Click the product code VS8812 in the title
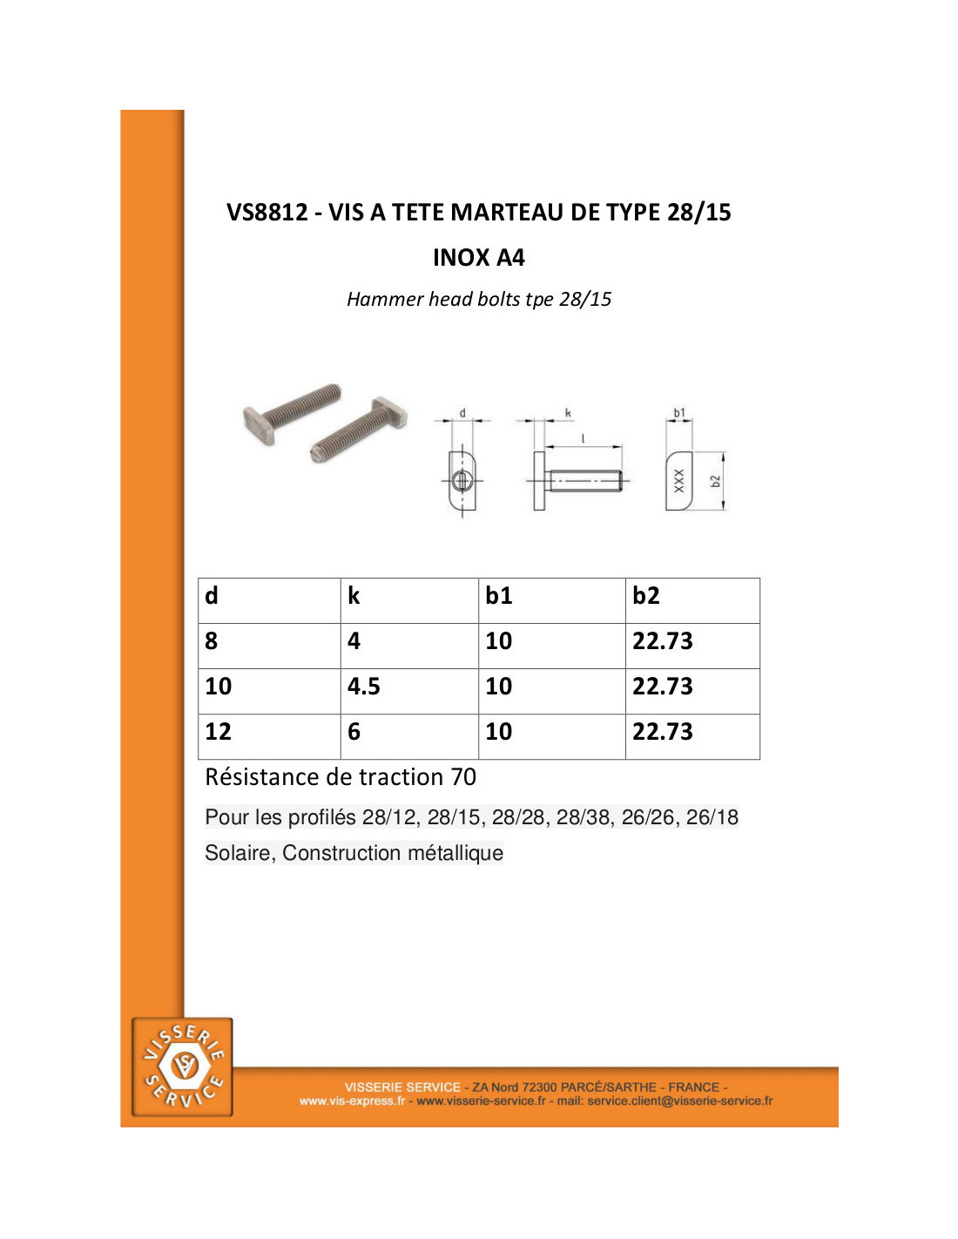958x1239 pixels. (x=267, y=212)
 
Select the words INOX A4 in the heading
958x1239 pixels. (x=478, y=258)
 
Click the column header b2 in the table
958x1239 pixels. (x=645, y=595)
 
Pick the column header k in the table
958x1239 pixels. (x=354, y=595)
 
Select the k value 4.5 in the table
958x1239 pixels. (x=363, y=686)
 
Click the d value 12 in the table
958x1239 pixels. (x=218, y=731)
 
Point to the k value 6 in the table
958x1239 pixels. (x=354, y=731)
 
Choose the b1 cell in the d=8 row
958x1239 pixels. (x=498, y=641)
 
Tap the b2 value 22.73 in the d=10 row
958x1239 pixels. (x=662, y=686)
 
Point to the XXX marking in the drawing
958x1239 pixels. (x=678, y=481)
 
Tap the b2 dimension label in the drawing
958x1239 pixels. (x=717, y=481)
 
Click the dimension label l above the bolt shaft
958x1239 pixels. (x=583, y=438)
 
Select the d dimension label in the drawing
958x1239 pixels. (x=462, y=412)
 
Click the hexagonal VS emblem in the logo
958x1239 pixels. (x=182, y=1063)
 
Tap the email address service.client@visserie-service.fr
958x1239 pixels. (x=679, y=1100)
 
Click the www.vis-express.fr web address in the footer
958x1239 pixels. (x=352, y=1100)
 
